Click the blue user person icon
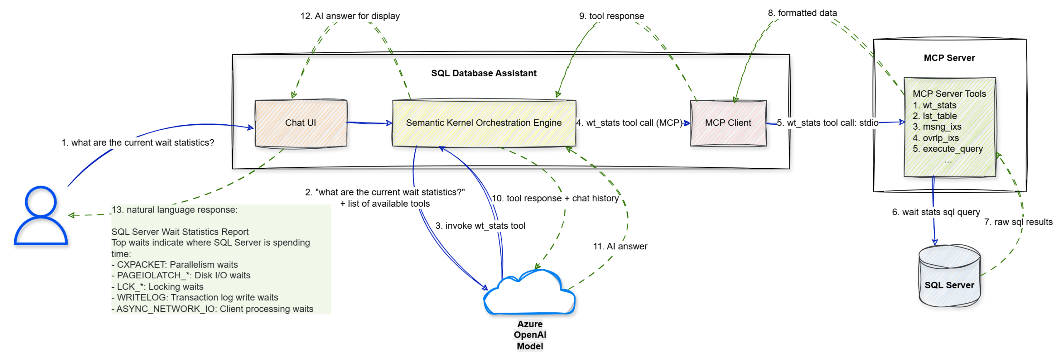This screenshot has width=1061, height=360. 41,215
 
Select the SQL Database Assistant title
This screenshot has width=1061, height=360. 483,73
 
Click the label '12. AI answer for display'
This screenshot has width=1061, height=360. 349,16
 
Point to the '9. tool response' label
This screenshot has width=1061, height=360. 611,16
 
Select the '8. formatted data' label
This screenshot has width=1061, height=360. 802,13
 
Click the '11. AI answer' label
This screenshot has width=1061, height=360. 620,246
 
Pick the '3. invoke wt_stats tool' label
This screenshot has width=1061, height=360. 480,226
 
